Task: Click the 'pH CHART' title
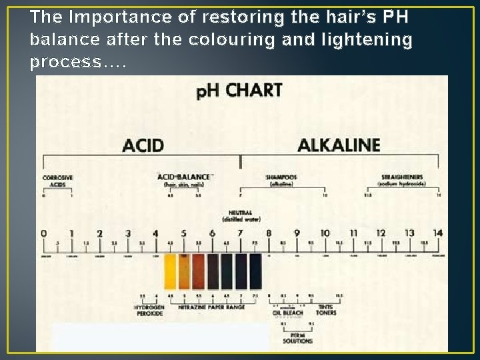click(x=239, y=91)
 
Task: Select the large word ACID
click(x=143, y=145)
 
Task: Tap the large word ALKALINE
click(x=339, y=145)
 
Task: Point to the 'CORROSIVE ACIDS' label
click(x=58, y=181)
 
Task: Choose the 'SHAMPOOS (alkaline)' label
click(x=281, y=180)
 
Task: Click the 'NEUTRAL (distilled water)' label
click(x=240, y=215)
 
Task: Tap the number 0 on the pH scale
click(x=43, y=233)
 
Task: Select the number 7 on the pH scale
click(x=241, y=233)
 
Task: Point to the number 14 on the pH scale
click(x=437, y=233)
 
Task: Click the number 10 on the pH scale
click(x=325, y=233)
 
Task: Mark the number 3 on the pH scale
click(x=127, y=233)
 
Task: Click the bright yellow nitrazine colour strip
click(x=171, y=271)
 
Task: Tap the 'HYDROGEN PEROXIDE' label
click(x=147, y=310)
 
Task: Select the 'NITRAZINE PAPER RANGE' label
click(x=212, y=307)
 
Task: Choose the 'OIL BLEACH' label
click(x=287, y=312)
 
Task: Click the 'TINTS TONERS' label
click(x=327, y=310)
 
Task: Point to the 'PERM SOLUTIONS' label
click(x=297, y=338)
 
